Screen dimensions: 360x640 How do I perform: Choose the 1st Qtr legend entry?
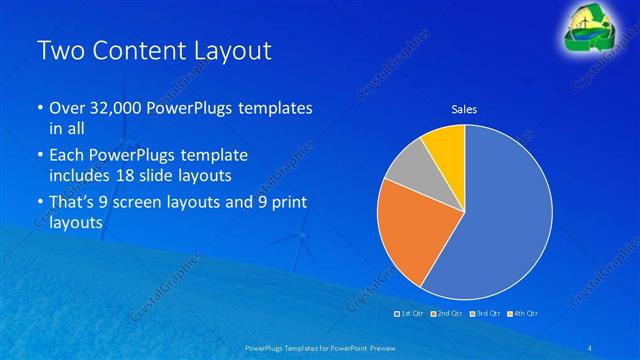click(x=410, y=313)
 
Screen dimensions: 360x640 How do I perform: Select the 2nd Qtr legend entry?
click(x=447, y=313)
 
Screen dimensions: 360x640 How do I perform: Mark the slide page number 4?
click(x=591, y=346)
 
